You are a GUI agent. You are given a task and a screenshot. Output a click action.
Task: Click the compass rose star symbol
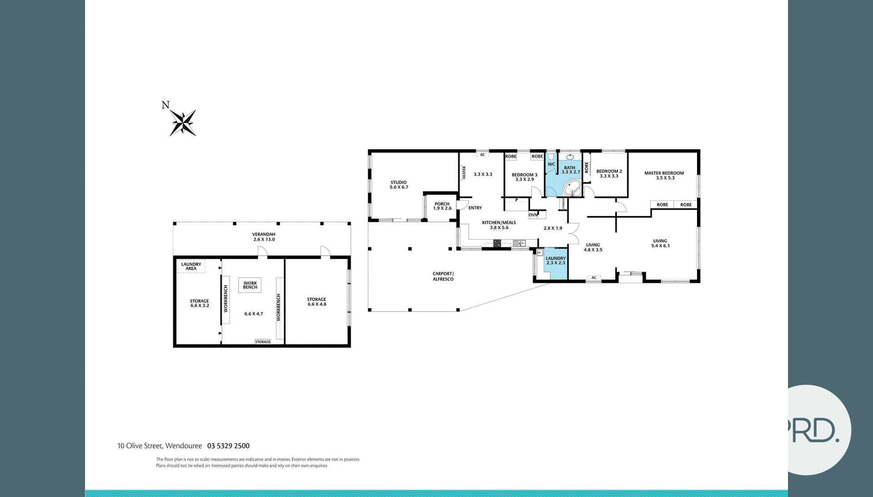(183, 123)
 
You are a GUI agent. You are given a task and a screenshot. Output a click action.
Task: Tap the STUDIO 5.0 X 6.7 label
(399, 185)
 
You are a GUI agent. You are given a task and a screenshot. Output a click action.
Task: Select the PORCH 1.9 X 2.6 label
(442, 206)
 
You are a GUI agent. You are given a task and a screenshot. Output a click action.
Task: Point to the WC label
(551, 165)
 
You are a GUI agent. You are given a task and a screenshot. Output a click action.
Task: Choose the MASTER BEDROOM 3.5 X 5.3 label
(664, 176)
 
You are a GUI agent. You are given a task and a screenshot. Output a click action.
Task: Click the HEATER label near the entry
(464, 172)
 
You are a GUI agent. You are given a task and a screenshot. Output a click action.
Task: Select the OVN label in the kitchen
(533, 215)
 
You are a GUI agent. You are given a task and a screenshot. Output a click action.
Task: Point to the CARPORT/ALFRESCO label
(443, 276)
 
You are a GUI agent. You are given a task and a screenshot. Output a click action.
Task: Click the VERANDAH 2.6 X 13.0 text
(264, 237)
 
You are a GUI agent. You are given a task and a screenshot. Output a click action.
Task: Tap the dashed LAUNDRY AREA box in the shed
(191, 266)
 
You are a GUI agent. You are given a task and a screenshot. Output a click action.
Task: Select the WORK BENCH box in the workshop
(250, 285)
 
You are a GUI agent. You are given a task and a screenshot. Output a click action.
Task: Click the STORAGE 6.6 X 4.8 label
(317, 302)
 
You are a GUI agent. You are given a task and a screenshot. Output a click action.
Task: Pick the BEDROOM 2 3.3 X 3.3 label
(609, 174)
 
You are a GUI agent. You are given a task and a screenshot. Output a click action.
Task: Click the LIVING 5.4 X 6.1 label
(660, 243)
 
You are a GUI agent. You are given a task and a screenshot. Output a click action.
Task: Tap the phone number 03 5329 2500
(228, 446)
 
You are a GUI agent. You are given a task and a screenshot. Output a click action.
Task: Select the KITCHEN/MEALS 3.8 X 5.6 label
(499, 225)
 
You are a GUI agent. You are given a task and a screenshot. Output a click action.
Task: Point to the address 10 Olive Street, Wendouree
(159, 446)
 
